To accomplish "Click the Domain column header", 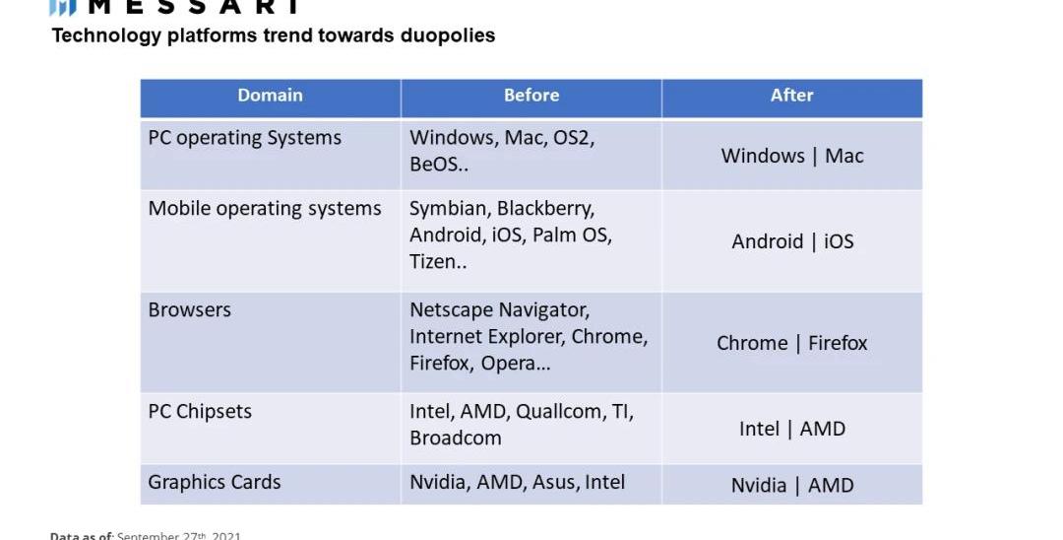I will (x=270, y=96).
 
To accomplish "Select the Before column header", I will (x=531, y=96).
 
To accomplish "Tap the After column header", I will (x=791, y=96).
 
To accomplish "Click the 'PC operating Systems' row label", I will (x=244, y=138).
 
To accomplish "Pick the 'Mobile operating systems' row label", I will (x=265, y=209).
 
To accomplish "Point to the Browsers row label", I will (x=190, y=309).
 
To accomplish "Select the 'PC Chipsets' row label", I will (x=200, y=411).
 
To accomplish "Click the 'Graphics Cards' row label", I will (x=215, y=482).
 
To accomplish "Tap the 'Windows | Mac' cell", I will (x=792, y=156).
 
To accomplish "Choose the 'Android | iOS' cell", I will (x=792, y=241).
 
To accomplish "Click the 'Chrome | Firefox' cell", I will (x=792, y=343).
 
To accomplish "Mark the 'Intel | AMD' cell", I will (x=792, y=429).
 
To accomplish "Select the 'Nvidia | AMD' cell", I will (x=792, y=485).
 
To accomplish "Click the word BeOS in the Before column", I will (x=434, y=165).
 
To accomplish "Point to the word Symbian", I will (x=448, y=209).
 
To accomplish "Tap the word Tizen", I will (x=433, y=262).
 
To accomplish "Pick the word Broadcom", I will (x=456, y=438).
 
